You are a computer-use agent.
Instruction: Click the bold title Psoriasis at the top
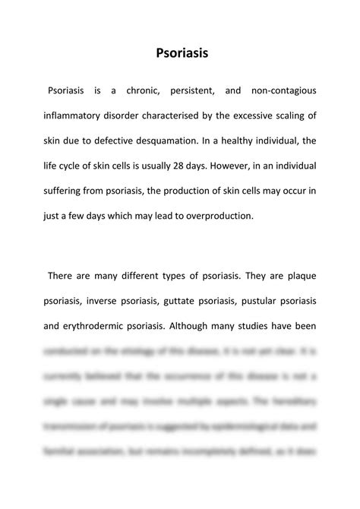[x=180, y=54]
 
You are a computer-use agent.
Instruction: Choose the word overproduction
[x=226, y=215]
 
